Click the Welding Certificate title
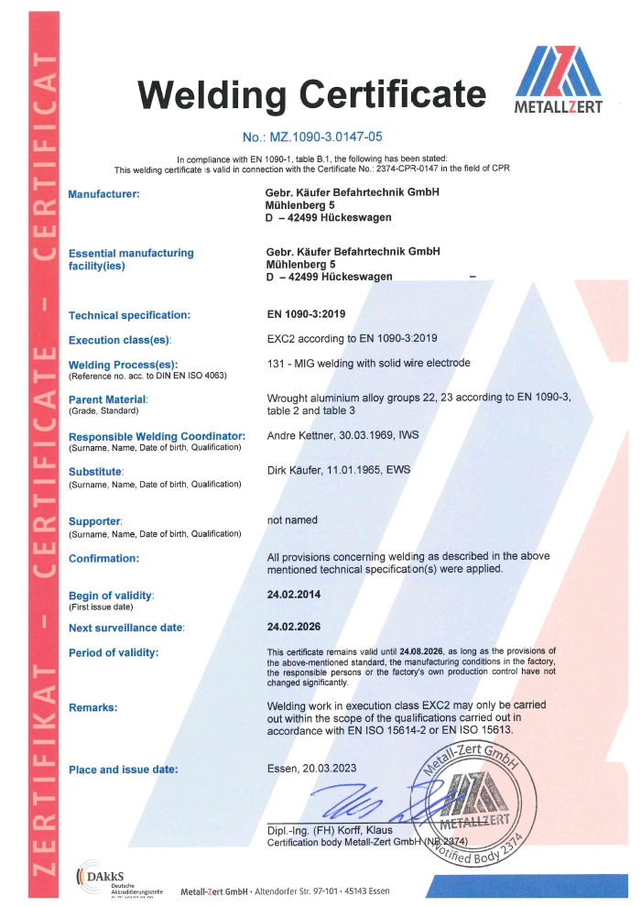311,93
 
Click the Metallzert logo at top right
560,81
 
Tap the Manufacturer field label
103,193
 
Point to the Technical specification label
129,315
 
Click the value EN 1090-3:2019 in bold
307,314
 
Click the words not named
292,519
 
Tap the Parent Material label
108,399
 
